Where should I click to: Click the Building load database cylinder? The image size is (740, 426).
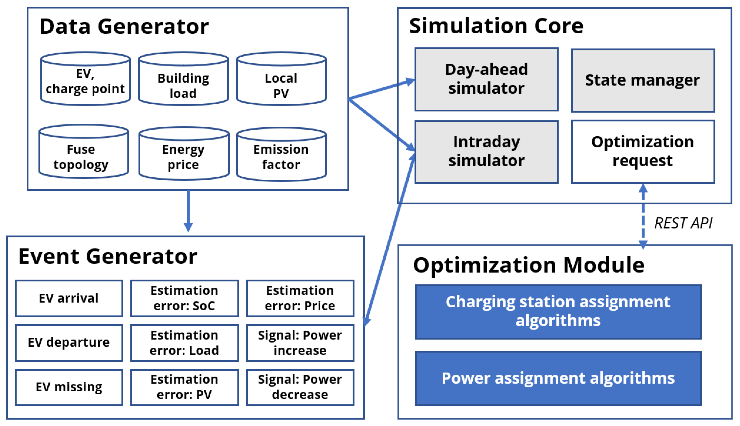(183, 80)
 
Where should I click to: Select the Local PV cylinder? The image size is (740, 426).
(281, 80)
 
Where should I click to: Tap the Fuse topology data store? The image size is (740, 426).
(84, 152)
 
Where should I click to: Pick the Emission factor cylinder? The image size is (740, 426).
(281, 154)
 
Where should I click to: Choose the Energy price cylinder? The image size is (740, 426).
(184, 154)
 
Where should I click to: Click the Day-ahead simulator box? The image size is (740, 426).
(486, 79)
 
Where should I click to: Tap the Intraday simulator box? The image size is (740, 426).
(486, 152)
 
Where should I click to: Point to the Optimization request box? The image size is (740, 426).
(643, 152)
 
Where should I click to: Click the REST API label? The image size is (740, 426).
(683, 223)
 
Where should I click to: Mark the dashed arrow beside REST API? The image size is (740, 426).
(643, 217)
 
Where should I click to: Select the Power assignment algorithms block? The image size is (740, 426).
(558, 378)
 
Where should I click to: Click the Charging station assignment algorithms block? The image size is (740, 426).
(558, 312)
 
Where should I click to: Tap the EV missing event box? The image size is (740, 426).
(69, 387)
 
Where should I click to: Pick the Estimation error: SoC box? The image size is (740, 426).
(184, 298)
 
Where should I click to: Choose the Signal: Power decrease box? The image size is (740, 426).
(300, 387)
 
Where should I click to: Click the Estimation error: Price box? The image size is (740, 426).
(300, 298)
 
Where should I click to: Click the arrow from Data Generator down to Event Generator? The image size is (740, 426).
(188, 211)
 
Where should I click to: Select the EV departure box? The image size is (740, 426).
(69, 343)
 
